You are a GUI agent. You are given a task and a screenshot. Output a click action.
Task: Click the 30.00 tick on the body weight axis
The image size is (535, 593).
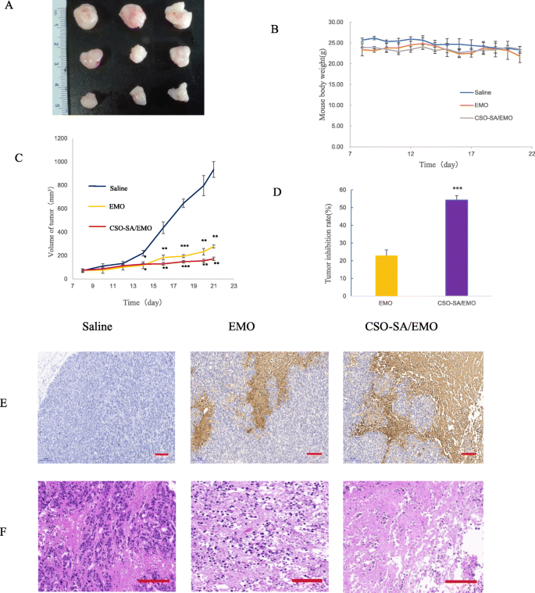tap(333, 22)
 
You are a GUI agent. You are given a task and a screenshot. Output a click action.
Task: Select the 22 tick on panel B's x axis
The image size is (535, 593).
tap(530, 154)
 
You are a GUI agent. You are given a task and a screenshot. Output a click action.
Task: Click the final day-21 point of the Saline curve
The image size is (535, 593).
tap(213, 170)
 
